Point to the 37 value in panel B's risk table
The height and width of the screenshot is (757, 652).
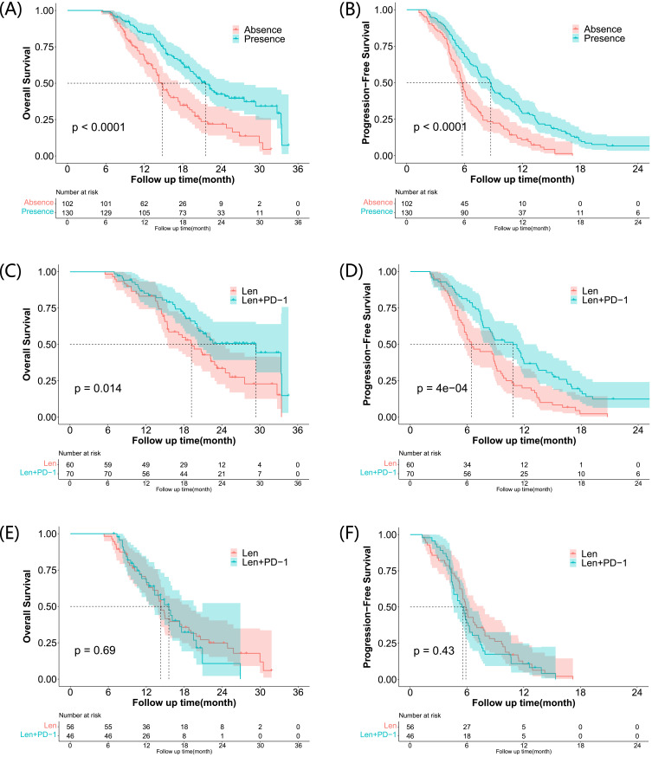pyautogui.click(x=522, y=211)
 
